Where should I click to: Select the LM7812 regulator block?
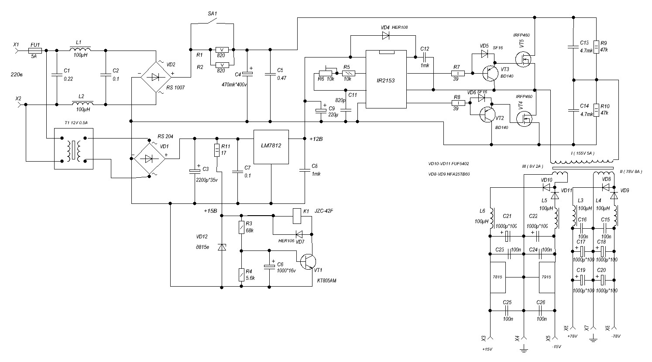271,147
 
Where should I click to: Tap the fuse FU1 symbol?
35,51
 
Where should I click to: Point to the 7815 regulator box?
498,277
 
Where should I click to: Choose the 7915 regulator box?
547,277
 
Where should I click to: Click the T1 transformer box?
73,149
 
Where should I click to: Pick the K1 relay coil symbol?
297,213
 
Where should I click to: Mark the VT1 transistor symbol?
309,261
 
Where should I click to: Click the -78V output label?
616,336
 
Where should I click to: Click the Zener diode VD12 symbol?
222,247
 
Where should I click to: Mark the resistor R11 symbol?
217,151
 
